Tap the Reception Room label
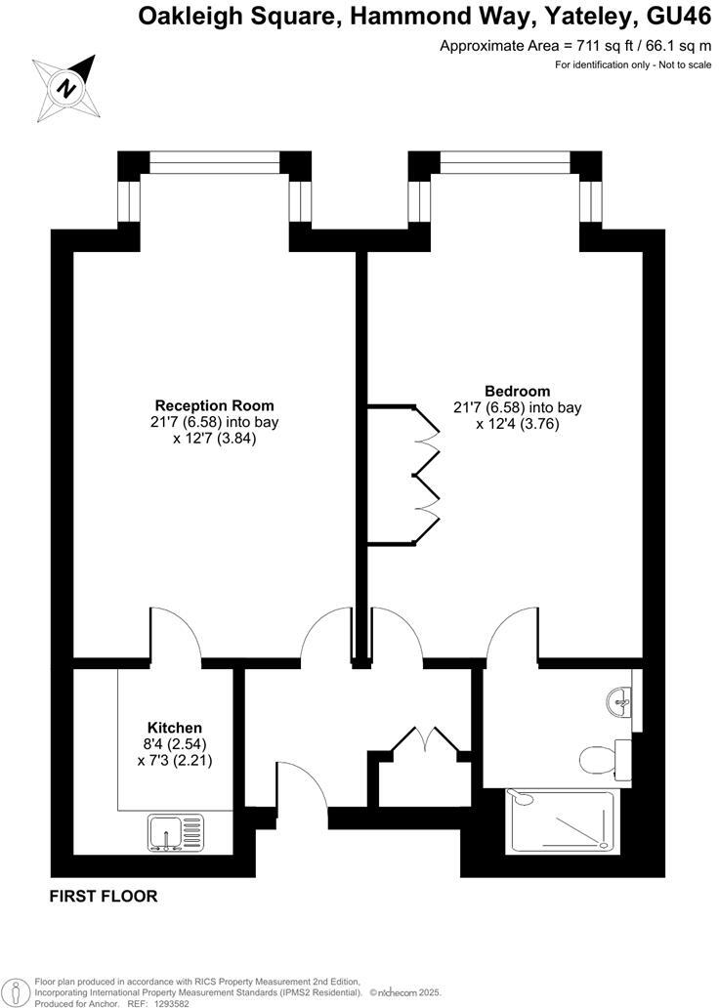pyautogui.click(x=215, y=405)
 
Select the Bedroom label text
pyautogui.click(x=517, y=391)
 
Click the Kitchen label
pyautogui.click(x=175, y=728)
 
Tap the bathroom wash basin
pyautogui.click(x=618, y=698)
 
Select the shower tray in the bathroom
pyautogui.click(x=560, y=821)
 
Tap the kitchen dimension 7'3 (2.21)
pyautogui.click(x=175, y=760)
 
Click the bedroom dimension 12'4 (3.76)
pyautogui.click(x=517, y=424)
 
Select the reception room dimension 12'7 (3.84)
pyautogui.click(x=215, y=439)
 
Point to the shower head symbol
pyautogui.click(x=523, y=798)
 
